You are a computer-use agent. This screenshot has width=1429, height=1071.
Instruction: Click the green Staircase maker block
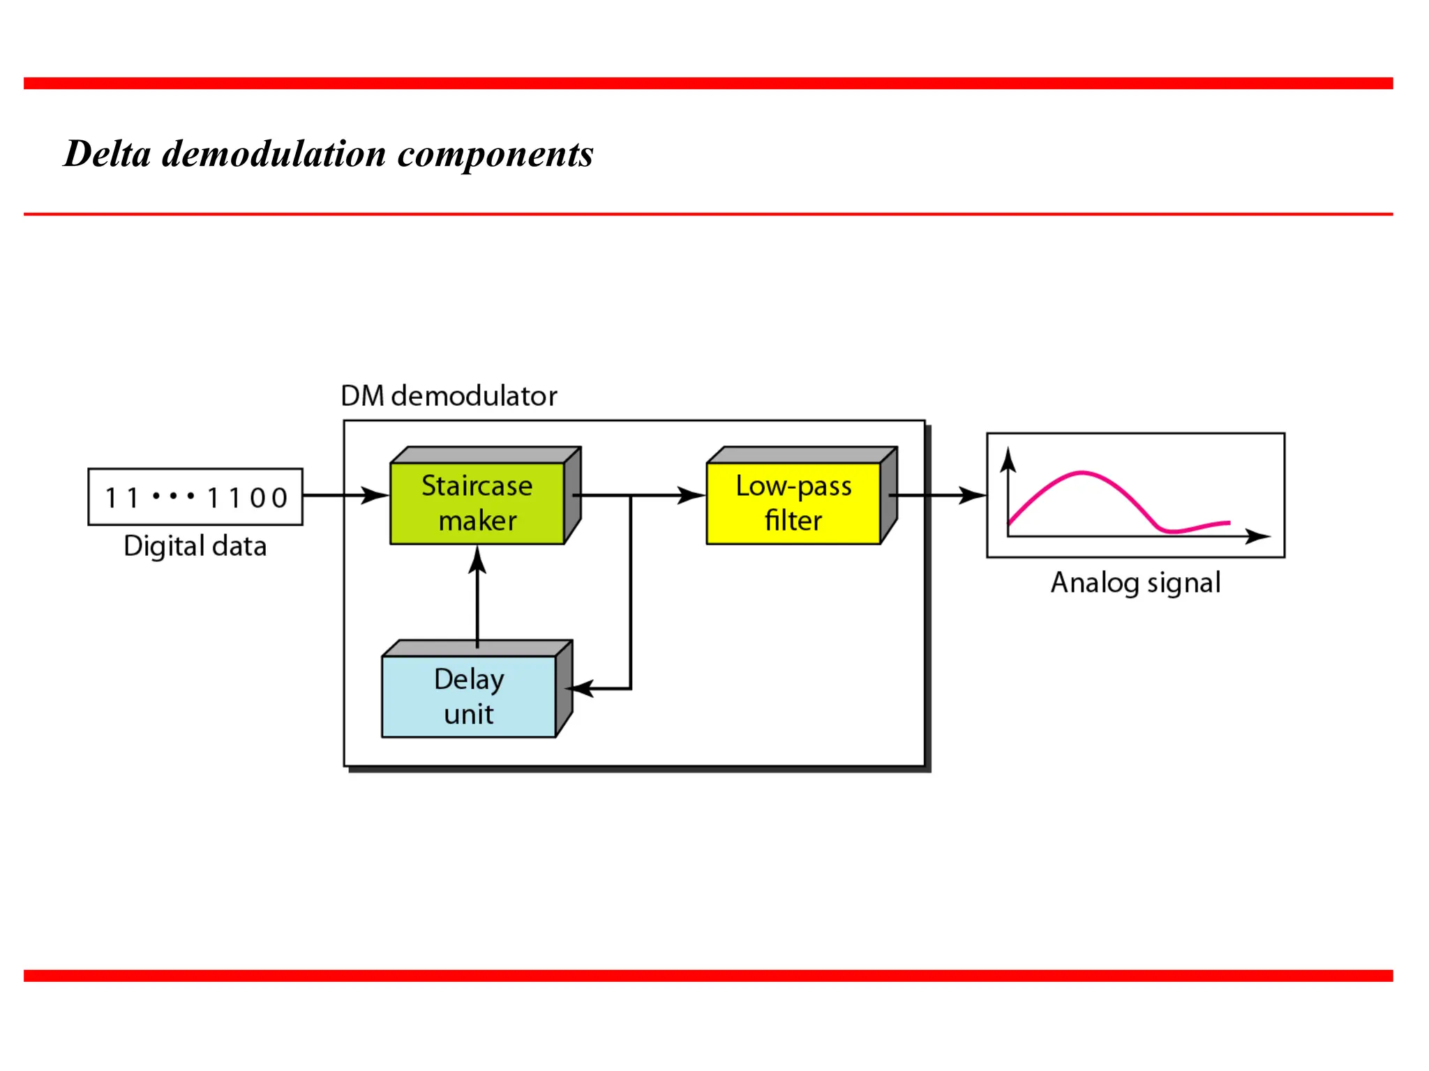(x=477, y=503)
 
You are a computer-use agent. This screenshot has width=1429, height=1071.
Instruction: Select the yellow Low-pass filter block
(x=793, y=503)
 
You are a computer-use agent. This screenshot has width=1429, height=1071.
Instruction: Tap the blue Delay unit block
(x=469, y=696)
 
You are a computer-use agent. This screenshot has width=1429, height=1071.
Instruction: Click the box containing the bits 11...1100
(x=195, y=497)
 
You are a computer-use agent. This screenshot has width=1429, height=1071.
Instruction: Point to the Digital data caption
(x=195, y=546)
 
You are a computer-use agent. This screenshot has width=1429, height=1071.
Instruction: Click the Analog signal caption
(x=1135, y=582)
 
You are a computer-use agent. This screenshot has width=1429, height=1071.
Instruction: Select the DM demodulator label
(x=449, y=396)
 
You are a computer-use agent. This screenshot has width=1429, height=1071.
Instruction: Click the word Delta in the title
(x=107, y=153)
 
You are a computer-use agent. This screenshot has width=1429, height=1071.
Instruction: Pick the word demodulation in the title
(x=274, y=153)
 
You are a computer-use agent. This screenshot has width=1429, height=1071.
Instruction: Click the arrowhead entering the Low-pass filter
(x=693, y=496)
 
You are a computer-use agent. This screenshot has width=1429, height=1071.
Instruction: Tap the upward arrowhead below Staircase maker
(x=477, y=559)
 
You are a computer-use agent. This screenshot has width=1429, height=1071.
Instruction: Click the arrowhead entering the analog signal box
(x=973, y=496)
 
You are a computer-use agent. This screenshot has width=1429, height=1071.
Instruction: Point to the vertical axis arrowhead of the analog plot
(x=1008, y=460)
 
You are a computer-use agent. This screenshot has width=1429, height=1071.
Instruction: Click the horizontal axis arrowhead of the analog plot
(x=1258, y=536)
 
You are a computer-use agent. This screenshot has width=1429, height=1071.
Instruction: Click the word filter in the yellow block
(x=793, y=521)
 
